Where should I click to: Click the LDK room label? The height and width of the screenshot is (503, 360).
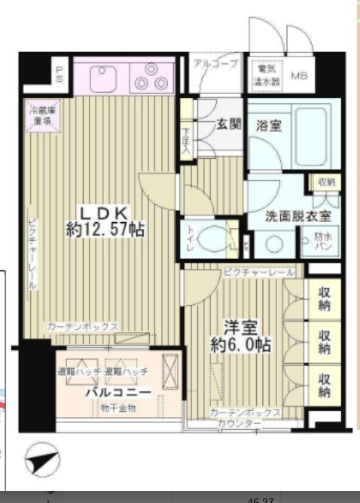(x=104, y=212)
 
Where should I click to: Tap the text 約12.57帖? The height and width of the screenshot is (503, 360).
(x=105, y=230)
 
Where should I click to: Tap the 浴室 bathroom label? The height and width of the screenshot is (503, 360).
(x=267, y=125)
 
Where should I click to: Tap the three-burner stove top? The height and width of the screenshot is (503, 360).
(x=151, y=78)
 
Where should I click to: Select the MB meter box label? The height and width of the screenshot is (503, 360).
(x=299, y=76)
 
